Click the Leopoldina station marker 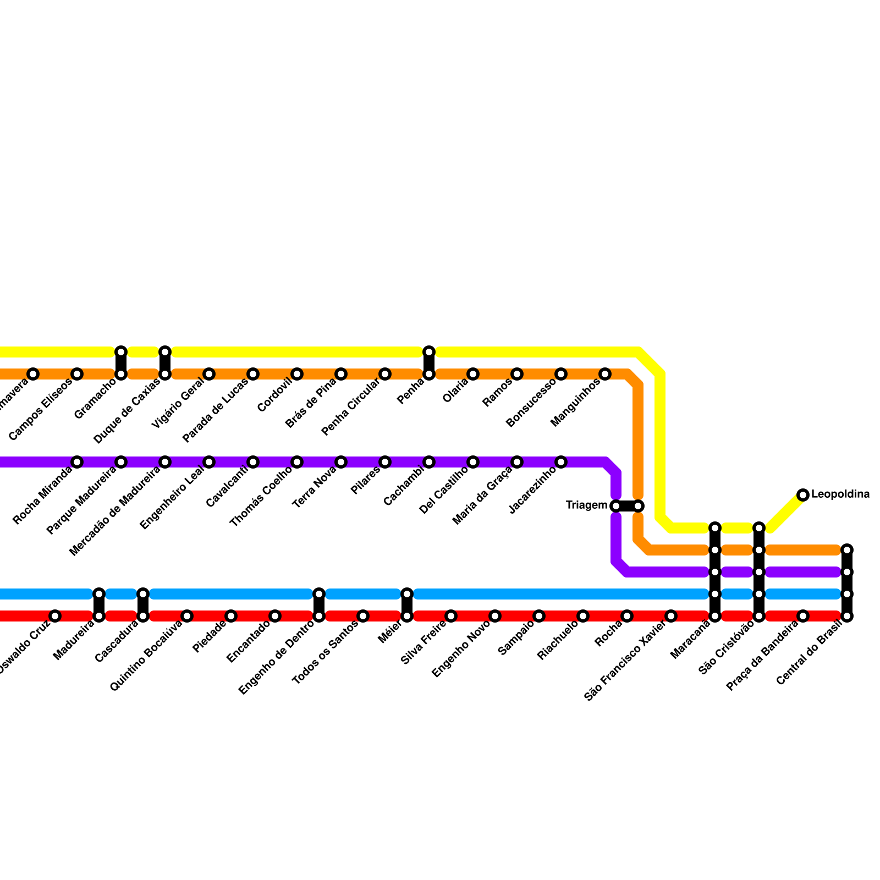click(803, 495)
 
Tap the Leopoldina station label click(840, 494)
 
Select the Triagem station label click(586, 505)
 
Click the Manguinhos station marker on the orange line click(605, 374)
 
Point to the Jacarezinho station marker click(561, 462)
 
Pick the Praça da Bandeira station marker click(803, 616)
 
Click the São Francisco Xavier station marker click(671, 616)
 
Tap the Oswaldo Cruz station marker click(55, 616)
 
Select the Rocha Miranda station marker click(77, 462)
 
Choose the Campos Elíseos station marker click(77, 374)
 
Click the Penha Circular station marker click(385, 374)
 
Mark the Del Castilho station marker click(473, 462)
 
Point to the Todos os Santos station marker click(363, 616)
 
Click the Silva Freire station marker click(451, 616)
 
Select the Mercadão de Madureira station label click(116, 509)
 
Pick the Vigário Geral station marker click(209, 374)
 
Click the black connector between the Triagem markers click(627, 506)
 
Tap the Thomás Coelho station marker click(297, 462)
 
